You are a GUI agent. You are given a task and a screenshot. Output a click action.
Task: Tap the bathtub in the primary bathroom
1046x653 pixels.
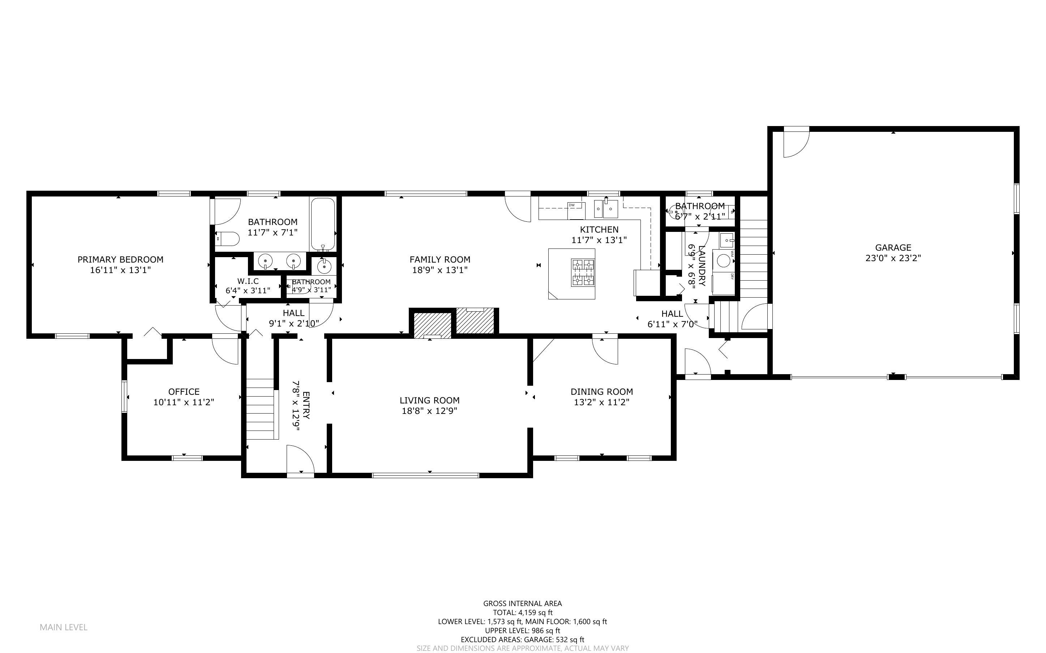323,224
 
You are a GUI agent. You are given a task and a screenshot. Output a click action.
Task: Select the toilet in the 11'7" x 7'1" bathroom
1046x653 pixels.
228,238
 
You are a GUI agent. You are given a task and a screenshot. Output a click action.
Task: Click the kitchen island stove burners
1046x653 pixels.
583,272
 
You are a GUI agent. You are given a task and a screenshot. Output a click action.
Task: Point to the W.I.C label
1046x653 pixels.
248,281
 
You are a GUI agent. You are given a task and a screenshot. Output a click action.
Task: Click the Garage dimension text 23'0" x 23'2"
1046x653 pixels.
893,258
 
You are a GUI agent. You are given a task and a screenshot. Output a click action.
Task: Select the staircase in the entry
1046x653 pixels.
261,408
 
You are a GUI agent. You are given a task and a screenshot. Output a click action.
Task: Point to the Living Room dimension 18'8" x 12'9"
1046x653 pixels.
429,411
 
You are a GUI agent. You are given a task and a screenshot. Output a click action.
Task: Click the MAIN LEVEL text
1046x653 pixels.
64,627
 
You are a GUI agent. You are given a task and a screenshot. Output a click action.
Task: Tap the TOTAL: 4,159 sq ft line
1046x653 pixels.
522,613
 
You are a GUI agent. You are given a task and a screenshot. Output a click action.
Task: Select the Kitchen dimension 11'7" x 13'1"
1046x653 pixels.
599,240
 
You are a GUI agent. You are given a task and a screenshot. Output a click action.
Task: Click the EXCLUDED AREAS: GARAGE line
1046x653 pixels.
522,640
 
